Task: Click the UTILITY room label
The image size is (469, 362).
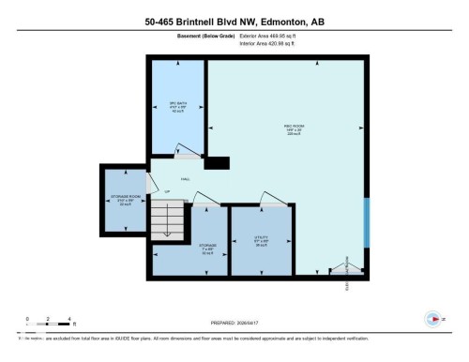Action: click(x=260, y=238)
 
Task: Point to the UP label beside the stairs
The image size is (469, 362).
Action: click(x=167, y=192)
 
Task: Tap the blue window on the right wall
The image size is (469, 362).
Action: click(x=367, y=219)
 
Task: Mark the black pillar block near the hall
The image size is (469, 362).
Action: click(x=217, y=162)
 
